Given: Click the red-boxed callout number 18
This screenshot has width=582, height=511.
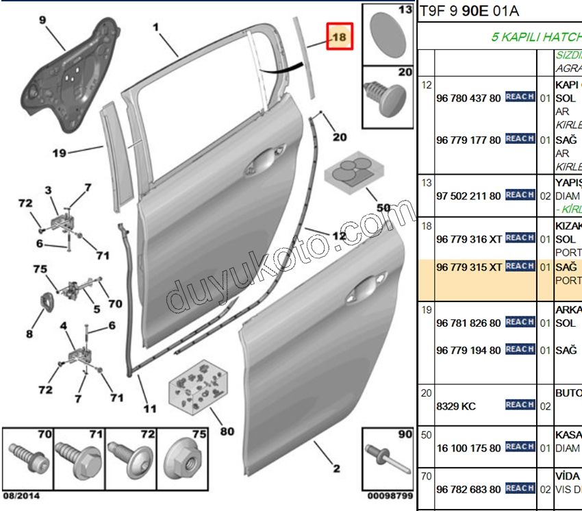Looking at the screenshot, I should click(x=339, y=37).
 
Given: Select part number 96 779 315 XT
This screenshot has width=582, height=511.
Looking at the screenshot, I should click(x=468, y=267).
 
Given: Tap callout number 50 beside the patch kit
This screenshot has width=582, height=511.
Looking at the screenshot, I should click(x=383, y=208).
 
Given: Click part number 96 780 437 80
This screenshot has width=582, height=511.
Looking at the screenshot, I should click(x=468, y=98).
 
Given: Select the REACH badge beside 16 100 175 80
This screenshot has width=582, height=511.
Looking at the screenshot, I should click(x=520, y=447).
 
